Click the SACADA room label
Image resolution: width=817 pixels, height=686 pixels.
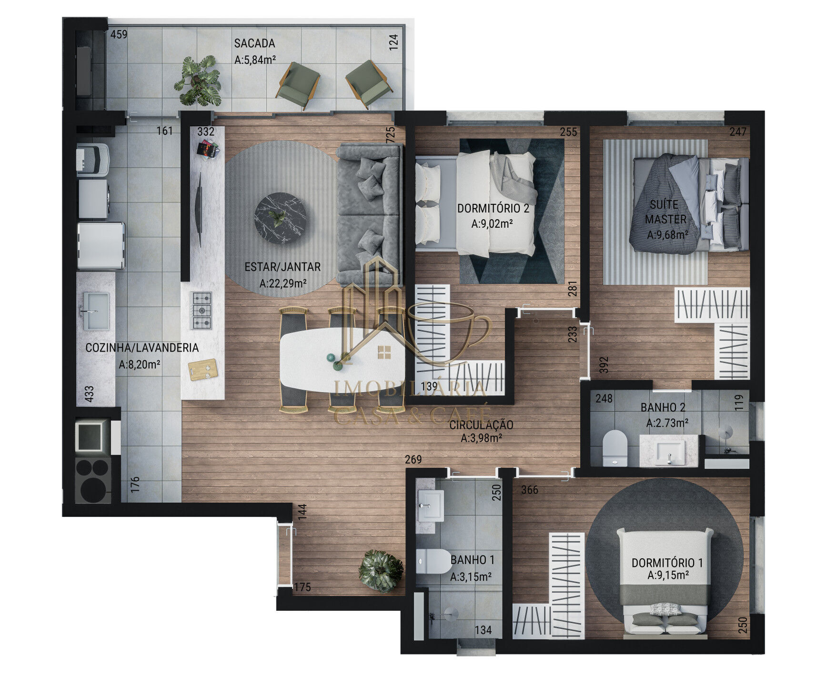254,43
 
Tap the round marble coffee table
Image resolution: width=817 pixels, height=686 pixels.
280,218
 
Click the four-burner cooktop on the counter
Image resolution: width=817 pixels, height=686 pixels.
202,311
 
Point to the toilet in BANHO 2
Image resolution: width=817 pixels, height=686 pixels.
615,447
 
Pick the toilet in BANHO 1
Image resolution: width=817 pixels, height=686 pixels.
433,561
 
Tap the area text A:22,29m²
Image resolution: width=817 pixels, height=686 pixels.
282,284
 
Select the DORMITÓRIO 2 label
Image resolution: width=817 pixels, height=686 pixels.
493,208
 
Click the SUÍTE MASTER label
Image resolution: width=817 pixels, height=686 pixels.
665,212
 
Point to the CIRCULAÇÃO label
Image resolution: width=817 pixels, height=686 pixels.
481,425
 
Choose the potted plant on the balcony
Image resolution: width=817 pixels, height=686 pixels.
198,81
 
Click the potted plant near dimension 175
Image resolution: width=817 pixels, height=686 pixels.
381,571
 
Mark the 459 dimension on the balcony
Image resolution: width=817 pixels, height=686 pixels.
119,34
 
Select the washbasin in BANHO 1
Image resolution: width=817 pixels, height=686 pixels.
431,505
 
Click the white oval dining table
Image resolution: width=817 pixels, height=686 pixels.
342,359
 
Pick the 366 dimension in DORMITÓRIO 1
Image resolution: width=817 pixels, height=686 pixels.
529,490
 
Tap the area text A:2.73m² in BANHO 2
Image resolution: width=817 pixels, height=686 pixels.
667,423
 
